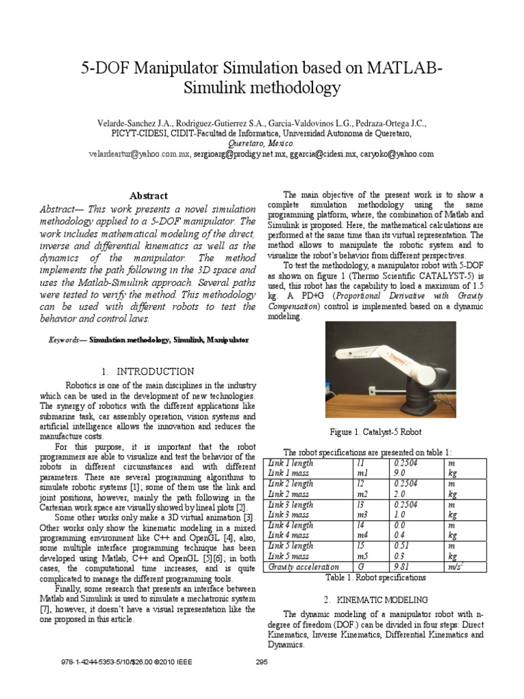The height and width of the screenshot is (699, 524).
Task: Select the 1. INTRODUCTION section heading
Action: (147, 371)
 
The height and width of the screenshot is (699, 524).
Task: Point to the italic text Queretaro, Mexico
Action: (262, 145)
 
